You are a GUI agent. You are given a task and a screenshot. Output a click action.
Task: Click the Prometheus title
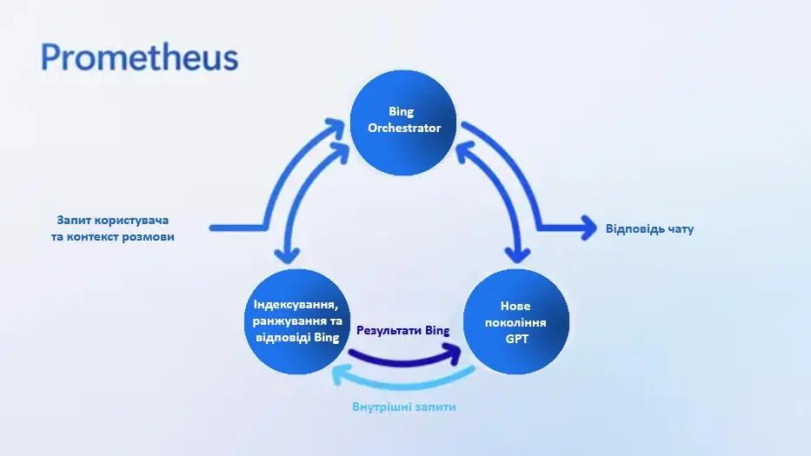click(140, 57)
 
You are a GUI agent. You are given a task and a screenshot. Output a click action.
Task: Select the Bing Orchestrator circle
click(403, 122)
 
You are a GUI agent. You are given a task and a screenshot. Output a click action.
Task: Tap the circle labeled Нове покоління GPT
click(515, 321)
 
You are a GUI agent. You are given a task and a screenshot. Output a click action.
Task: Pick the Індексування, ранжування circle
click(297, 321)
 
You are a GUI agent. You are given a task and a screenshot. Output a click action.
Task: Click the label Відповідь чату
click(649, 228)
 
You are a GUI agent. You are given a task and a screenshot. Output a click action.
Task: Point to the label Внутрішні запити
click(404, 406)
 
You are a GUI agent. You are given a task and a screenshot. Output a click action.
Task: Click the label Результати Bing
click(403, 331)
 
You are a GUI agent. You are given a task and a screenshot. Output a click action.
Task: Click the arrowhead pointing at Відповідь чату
click(588, 228)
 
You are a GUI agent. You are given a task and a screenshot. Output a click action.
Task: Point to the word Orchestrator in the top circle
click(404, 129)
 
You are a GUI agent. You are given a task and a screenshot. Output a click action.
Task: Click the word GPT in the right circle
click(516, 339)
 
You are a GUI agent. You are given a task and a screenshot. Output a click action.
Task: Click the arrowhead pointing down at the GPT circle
click(517, 254)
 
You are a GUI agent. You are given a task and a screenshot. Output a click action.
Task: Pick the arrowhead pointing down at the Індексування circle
click(287, 254)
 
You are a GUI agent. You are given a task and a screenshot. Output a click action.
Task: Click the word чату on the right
click(680, 228)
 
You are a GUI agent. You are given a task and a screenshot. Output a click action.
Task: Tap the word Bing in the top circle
click(402, 112)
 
